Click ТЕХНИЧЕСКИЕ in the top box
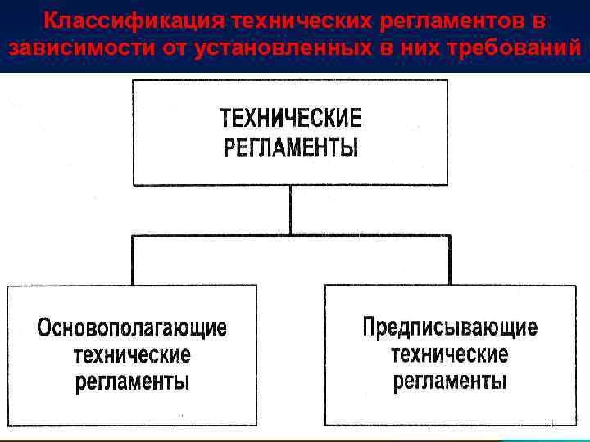click(290, 119)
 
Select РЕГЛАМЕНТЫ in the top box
click(290, 148)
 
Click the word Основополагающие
click(132, 329)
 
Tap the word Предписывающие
click(450, 327)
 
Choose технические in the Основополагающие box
click(132, 356)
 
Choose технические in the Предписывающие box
click(450, 354)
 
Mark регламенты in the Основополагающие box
click(132, 382)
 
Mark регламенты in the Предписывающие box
click(450, 381)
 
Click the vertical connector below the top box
click(290, 210)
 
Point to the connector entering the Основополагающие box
click(132, 261)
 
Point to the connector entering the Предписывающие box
click(450, 261)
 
